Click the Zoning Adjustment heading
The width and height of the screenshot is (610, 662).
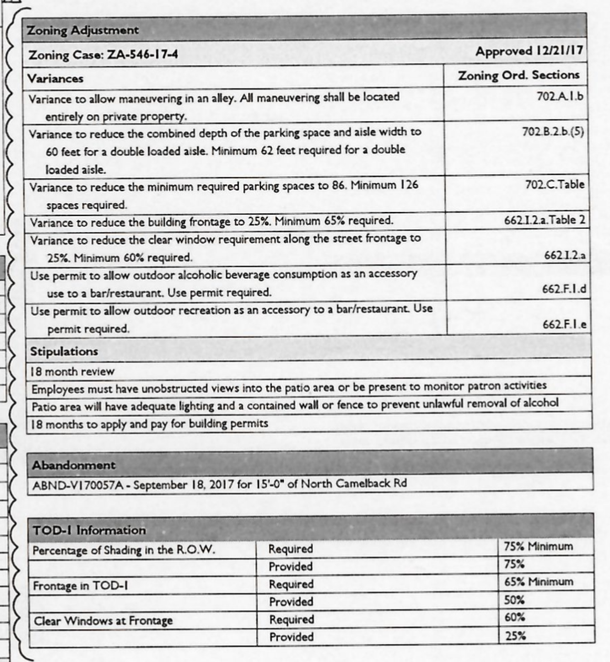[x=83, y=30]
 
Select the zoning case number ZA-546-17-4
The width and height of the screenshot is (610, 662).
[x=142, y=55]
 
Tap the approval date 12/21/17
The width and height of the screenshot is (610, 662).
[x=558, y=51]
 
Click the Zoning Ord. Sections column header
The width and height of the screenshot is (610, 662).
[x=518, y=75]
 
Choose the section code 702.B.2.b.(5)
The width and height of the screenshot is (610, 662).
[x=553, y=131]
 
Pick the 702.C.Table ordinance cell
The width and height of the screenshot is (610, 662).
[x=555, y=185]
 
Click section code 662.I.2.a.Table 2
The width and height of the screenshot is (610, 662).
[x=544, y=220]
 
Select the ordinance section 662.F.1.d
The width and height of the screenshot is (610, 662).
[x=564, y=289]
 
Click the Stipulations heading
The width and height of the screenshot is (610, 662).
[x=64, y=352]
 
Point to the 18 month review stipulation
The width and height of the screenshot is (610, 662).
[x=72, y=372]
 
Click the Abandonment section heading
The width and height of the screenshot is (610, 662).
[x=73, y=465]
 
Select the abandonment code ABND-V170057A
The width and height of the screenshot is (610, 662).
[x=78, y=484]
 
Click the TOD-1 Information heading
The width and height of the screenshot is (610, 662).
[x=89, y=530]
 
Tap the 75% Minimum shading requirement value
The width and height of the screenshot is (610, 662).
[x=538, y=546]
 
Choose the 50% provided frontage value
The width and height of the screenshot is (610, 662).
[x=514, y=600]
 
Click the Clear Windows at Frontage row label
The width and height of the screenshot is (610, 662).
[x=103, y=621]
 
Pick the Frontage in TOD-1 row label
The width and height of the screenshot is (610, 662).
[x=80, y=586]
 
